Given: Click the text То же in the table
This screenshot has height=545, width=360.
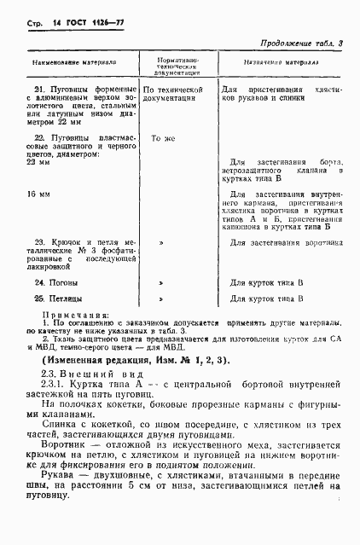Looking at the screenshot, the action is pyautogui.click(x=163, y=137).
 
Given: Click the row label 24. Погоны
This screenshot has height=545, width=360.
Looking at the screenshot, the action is pyautogui.click(x=55, y=281).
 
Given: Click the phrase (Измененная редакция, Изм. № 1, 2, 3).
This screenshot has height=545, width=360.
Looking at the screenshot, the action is pyautogui.click(x=135, y=361).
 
